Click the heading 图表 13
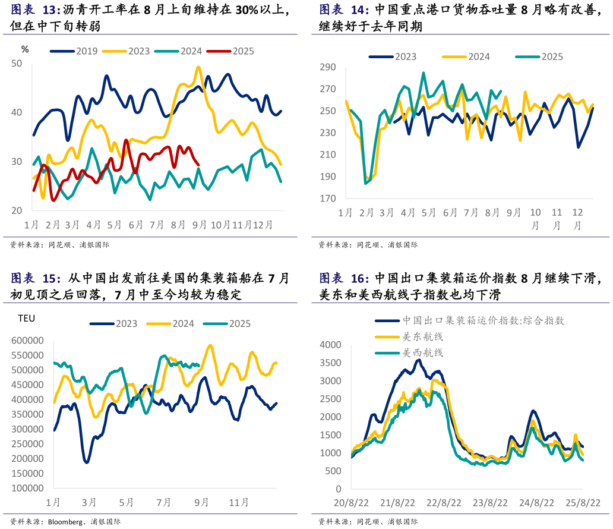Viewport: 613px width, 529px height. point(36,10)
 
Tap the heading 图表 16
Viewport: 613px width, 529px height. point(344,278)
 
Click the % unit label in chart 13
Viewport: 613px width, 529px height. point(24,49)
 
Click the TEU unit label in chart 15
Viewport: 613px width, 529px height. point(27,318)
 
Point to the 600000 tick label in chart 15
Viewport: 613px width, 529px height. point(27,341)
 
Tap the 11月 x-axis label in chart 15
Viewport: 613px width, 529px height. point(239,502)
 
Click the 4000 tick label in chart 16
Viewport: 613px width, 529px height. point(330,345)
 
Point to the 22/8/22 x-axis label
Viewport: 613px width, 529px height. point(444,502)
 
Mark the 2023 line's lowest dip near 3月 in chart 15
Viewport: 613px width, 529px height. point(87,462)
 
